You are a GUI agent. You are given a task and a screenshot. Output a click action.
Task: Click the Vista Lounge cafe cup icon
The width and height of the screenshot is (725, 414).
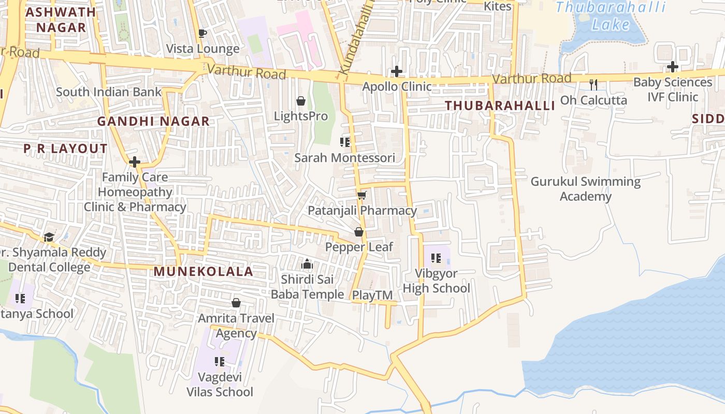pyautogui.click(x=202, y=34)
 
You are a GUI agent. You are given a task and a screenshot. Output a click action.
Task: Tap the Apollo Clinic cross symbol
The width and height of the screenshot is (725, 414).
pyautogui.click(x=397, y=71)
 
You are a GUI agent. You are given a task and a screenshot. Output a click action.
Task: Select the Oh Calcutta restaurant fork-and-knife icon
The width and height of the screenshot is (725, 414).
pyautogui.click(x=593, y=84)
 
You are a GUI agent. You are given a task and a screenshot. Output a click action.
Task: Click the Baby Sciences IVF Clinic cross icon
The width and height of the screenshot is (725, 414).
pyautogui.click(x=672, y=67)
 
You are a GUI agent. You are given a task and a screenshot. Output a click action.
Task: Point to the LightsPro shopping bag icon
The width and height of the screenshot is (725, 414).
pyautogui.click(x=300, y=101)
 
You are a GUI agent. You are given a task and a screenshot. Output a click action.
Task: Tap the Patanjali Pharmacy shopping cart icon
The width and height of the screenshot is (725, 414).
pyautogui.click(x=361, y=195)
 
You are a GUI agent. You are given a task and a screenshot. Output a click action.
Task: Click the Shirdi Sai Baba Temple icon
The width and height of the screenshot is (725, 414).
pyautogui.click(x=307, y=264)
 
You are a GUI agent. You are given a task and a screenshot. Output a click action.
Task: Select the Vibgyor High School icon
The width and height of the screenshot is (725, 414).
pyautogui.click(x=436, y=258)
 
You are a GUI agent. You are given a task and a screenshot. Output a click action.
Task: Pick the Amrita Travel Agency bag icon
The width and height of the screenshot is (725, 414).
pyautogui.click(x=236, y=303)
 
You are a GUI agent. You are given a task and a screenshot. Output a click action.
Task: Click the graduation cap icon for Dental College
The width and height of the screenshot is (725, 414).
pyautogui.click(x=49, y=237)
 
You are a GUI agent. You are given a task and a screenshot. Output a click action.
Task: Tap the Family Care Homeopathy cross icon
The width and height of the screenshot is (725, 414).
pyautogui.click(x=135, y=162)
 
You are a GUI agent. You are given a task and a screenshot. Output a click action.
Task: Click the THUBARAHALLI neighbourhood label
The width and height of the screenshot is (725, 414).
pyautogui.click(x=500, y=106)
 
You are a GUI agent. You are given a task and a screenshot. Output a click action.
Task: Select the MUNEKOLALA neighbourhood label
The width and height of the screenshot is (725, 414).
pyautogui.click(x=204, y=272)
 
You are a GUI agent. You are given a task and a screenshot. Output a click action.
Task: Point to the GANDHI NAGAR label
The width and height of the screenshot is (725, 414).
pyautogui.click(x=153, y=121)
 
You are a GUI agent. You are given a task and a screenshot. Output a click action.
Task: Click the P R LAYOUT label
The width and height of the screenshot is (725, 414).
pyautogui.click(x=65, y=149)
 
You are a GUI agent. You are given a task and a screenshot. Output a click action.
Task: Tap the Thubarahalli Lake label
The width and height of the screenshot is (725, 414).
pyautogui.click(x=611, y=16)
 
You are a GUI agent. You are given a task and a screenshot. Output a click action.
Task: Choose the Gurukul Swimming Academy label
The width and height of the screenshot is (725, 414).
pyautogui.click(x=585, y=189)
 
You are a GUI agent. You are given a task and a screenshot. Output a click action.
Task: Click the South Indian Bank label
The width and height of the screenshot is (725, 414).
pyautogui.click(x=109, y=92)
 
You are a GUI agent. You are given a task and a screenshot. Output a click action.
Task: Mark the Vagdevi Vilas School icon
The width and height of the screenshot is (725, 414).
pyautogui.click(x=220, y=361)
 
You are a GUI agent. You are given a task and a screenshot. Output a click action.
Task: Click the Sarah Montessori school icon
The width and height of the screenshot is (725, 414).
pyautogui.click(x=345, y=142)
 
